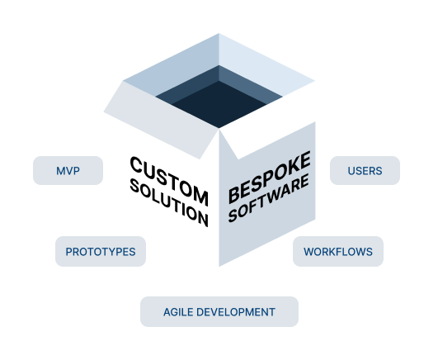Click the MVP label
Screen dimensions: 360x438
tap(68, 171)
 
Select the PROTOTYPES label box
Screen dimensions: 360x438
tap(100, 251)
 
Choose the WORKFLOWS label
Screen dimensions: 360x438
tap(337, 251)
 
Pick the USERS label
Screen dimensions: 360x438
tap(365, 171)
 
